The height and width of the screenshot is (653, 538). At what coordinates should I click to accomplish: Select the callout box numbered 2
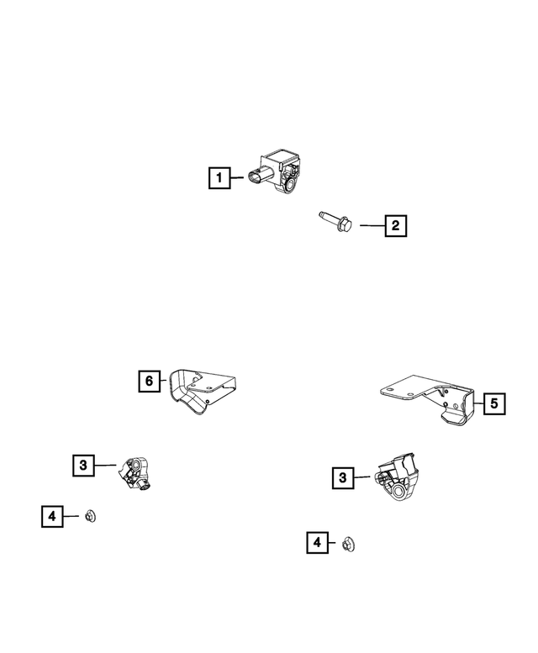coord(396,225)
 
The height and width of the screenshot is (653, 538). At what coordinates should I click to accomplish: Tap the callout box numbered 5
coord(493,404)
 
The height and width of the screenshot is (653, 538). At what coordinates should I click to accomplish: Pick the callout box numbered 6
coord(149,382)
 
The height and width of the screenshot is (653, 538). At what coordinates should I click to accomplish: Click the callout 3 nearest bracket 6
coord(82,465)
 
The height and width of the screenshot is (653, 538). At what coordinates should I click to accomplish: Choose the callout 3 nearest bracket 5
coord(342,478)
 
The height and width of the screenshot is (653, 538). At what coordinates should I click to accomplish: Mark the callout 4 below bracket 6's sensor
coord(51,516)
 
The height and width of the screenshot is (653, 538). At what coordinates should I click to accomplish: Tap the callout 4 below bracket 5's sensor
coord(317,544)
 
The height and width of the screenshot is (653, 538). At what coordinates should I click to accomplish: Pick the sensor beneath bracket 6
coord(135,473)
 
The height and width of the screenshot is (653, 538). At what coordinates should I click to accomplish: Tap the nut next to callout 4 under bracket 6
coord(91,515)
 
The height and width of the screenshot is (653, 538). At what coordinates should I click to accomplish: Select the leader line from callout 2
coord(371,225)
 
